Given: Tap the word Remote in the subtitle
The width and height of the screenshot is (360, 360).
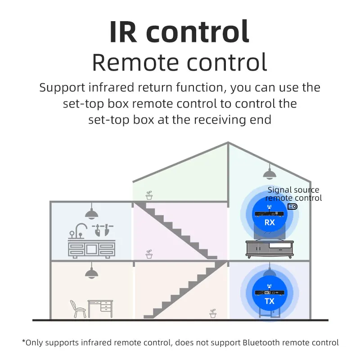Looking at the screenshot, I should coord(135,63).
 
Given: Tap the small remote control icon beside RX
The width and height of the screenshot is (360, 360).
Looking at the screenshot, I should coord(292,207).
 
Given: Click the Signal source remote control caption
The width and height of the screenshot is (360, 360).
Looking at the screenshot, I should coord(293,194).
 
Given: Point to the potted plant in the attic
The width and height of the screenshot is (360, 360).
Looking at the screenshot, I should coord(149,195).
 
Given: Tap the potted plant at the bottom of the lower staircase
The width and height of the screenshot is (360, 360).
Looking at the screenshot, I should coord(213,313).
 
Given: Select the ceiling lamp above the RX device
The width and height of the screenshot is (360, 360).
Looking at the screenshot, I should coord(269,172).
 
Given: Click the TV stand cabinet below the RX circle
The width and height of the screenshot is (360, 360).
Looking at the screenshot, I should coord(269,249).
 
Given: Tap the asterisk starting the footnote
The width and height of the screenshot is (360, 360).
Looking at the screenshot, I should coord(24,342).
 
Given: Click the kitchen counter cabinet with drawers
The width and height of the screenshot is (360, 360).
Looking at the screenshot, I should coord(91,249).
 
